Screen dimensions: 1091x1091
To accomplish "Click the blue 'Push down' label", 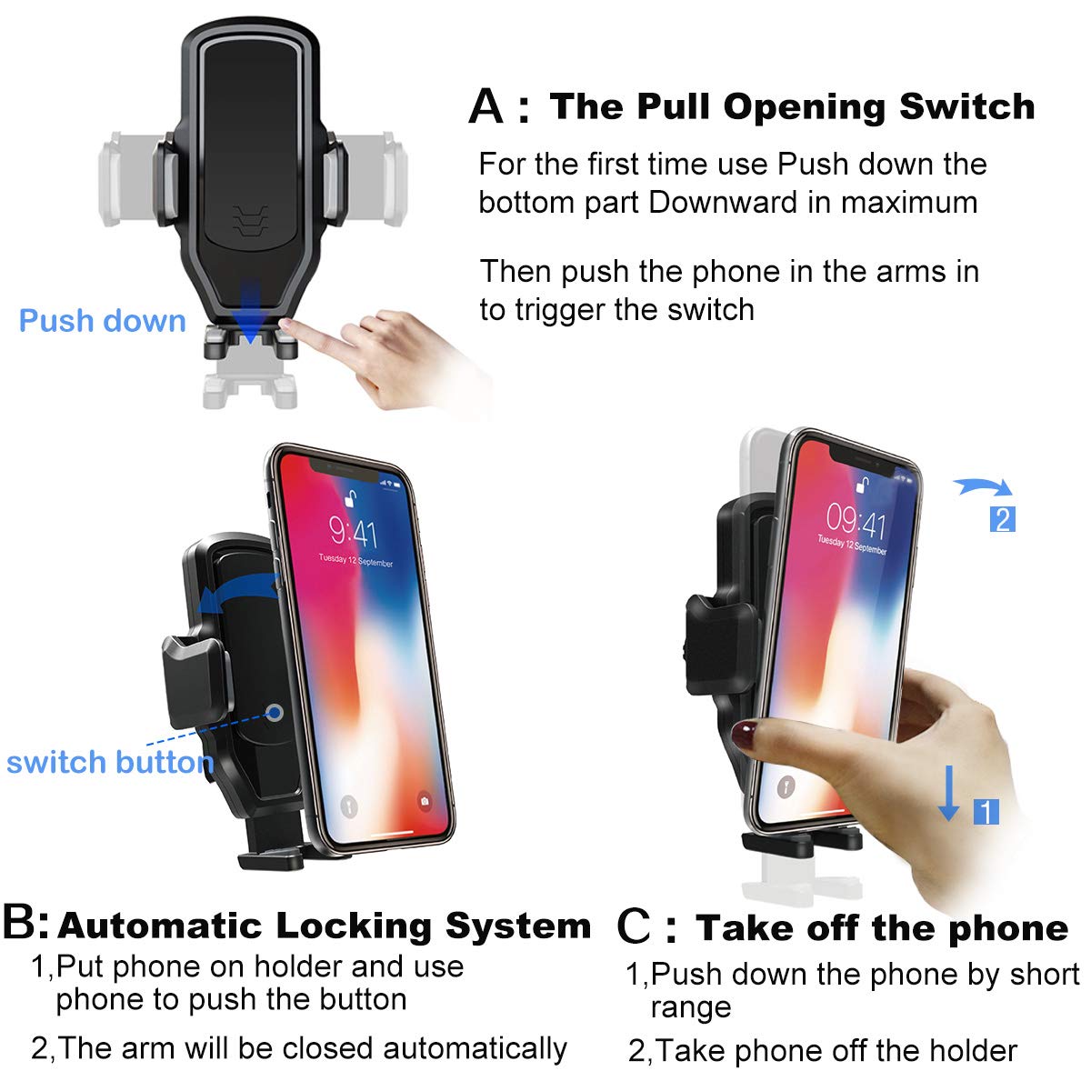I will click(x=102, y=321).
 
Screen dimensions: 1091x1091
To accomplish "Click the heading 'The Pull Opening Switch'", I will click(x=792, y=106).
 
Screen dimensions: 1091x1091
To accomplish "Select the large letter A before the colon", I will click(x=486, y=107).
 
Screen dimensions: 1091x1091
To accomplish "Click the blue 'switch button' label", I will click(x=109, y=762).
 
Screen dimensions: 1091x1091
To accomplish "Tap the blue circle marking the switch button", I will click(x=275, y=713).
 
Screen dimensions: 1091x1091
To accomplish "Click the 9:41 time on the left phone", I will click(x=353, y=530).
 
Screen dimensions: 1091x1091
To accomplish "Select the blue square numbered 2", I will click(x=1002, y=519).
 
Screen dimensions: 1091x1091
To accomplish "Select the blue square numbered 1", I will click(x=986, y=811).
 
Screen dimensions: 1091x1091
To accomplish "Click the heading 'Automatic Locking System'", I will click(x=324, y=926).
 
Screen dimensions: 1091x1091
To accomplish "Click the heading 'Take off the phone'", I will click(x=881, y=928).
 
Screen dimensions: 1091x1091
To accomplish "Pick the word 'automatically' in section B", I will click(x=475, y=1048).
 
